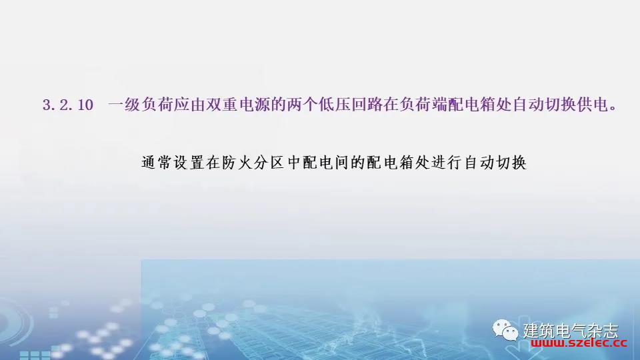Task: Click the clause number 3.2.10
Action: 68,105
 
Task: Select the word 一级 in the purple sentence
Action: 125,105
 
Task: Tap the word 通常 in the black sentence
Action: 157,163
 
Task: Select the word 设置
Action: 189,163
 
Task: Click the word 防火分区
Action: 253,163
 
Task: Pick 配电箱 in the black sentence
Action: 390,163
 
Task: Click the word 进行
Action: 447,163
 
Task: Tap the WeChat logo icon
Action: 505,330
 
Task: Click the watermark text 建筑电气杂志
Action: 571,331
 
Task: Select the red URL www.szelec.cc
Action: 579,343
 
